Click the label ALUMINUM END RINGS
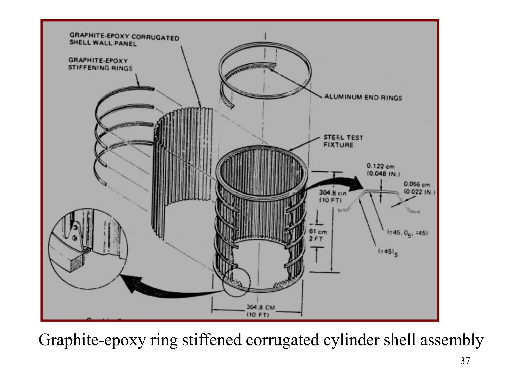pos(363,97)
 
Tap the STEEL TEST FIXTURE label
pos(343,141)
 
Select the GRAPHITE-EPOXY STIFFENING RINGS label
pos(100,64)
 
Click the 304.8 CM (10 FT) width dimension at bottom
pos(260,311)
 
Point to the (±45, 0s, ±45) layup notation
pos(407,233)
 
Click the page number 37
pos(465,361)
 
